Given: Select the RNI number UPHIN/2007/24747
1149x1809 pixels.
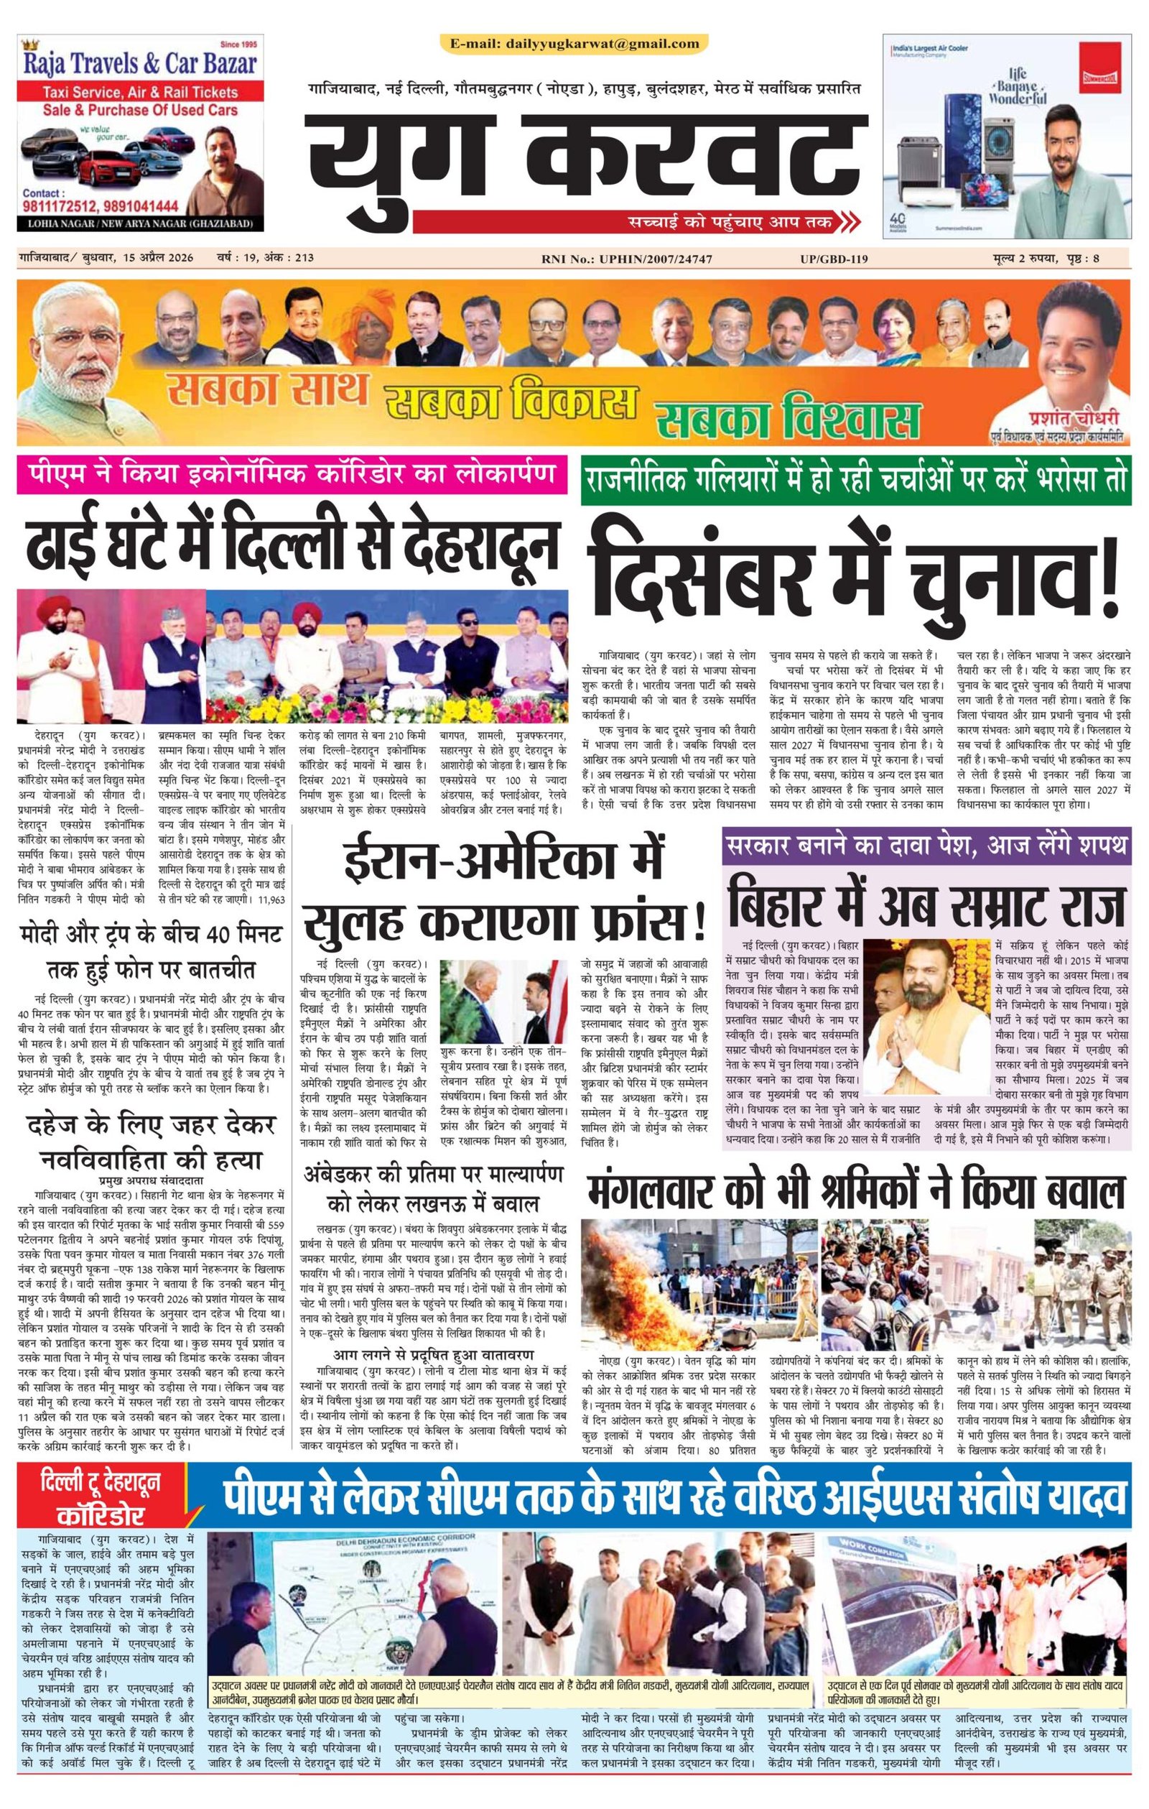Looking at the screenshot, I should tap(636, 259).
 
